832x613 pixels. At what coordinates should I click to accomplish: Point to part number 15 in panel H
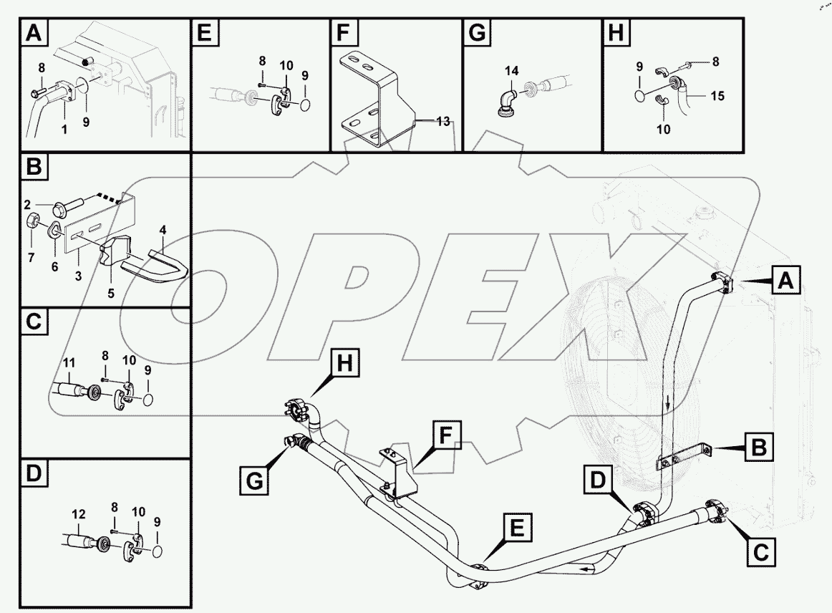point(716,94)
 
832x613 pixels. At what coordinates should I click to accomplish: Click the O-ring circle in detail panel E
point(305,105)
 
